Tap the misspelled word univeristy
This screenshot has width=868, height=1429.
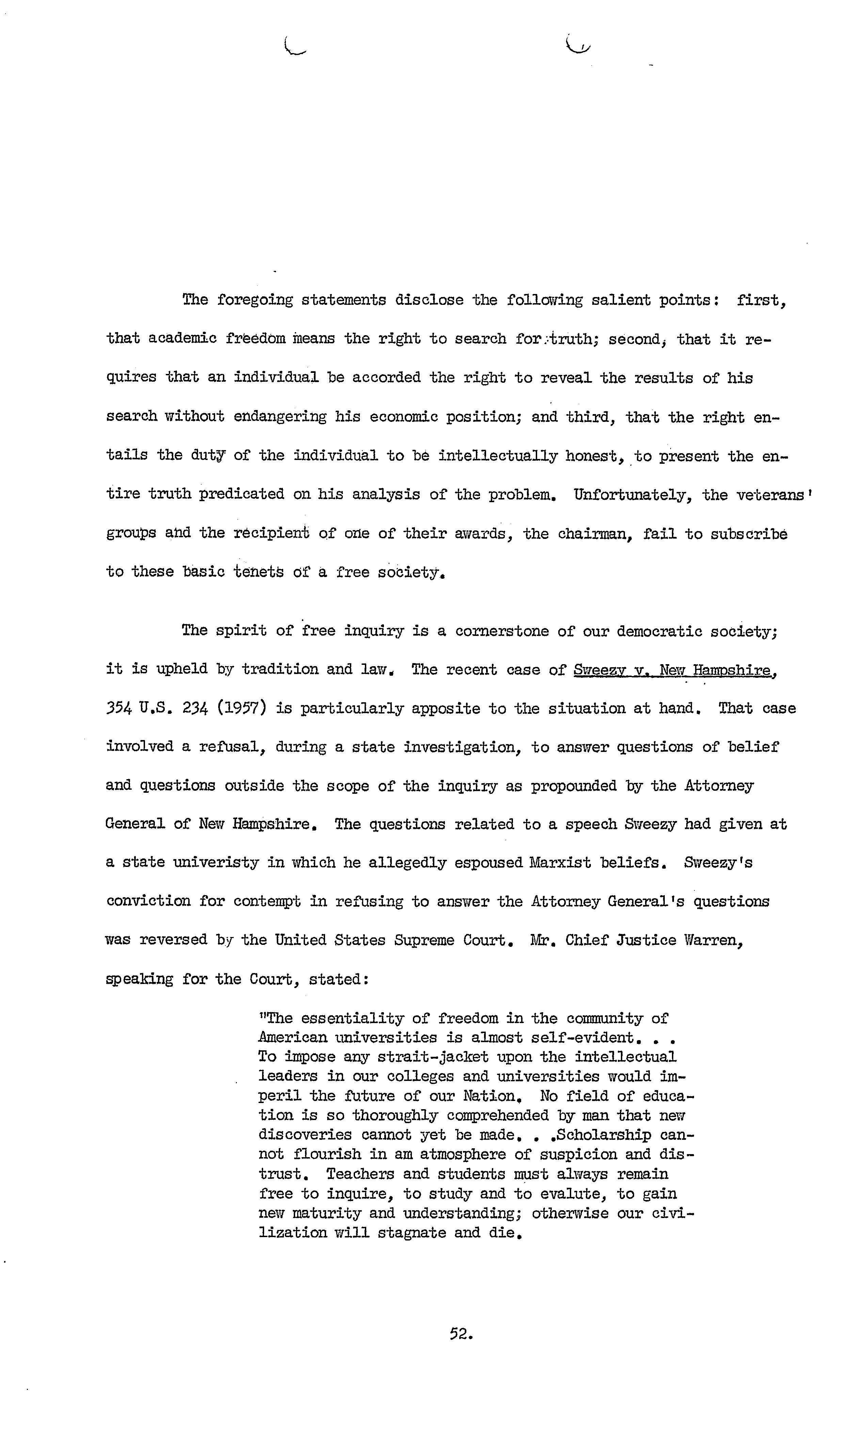point(216,863)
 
